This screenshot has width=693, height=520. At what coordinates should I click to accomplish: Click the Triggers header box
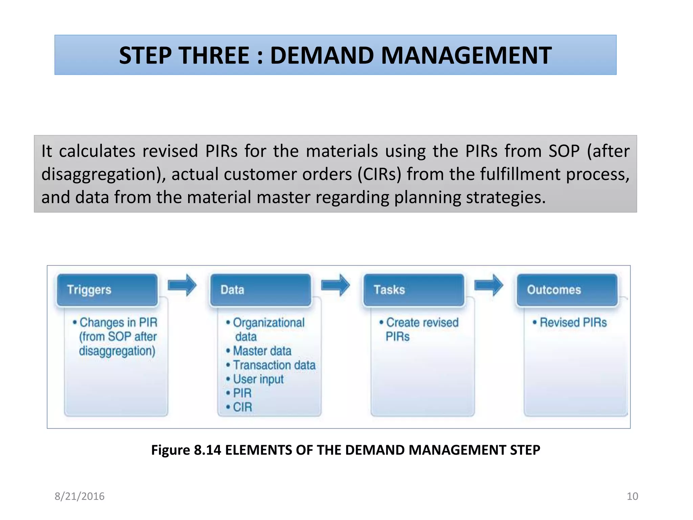[x=107, y=290]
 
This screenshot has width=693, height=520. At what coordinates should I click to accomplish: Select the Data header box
[x=261, y=290]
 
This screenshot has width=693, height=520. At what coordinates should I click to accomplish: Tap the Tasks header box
[x=414, y=290]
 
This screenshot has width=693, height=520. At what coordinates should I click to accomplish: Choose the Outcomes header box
[x=567, y=290]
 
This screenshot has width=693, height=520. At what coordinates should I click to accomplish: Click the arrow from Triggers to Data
[x=182, y=285]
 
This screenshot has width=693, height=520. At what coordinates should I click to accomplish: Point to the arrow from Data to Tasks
[x=335, y=285]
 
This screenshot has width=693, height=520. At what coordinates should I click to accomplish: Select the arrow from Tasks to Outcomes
[x=489, y=285]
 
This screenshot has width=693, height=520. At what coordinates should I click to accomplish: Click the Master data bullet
[x=262, y=351]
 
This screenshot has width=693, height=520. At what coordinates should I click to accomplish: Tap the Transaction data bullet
[x=274, y=365]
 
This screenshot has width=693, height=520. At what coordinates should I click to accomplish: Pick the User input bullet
[x=258, y=379]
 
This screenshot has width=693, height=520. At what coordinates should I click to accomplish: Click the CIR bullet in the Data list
[x=242, y=407]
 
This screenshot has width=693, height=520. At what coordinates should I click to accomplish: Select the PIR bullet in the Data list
[x=242, y=393]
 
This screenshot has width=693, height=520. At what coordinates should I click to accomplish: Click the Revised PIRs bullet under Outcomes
[x=573, y=322]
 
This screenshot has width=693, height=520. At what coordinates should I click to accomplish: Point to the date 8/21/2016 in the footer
[x=80, y=496]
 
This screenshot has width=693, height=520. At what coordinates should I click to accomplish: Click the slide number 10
[x=632, y=496]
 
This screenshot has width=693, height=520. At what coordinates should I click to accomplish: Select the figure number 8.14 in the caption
[x=207, y=450]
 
